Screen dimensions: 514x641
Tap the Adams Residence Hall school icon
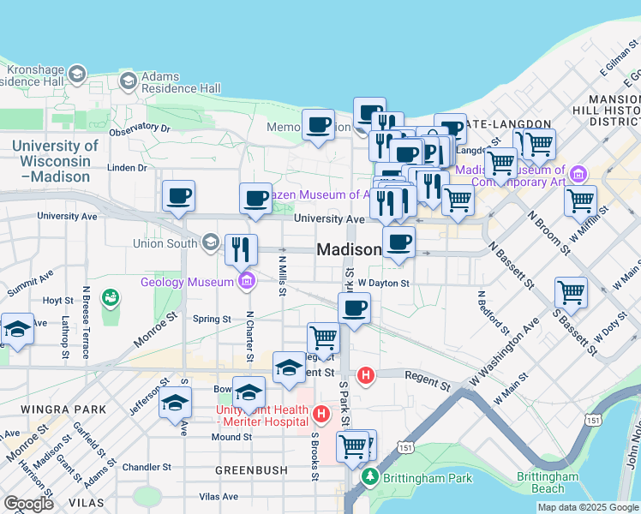pos(129,81)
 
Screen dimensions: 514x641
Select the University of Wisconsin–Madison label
pos(55,161)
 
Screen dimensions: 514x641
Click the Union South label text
pos(165,243)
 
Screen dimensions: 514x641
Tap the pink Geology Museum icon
pos(247,279)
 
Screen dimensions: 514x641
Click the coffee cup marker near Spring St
pos(354,308)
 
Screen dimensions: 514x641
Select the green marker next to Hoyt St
pos(110,298)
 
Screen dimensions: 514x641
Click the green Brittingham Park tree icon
pos(370,476)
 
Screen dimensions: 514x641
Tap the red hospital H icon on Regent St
pos(367,374)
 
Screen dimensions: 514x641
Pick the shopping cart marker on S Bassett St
pos(571,292)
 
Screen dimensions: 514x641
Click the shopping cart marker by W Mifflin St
pos(580,202)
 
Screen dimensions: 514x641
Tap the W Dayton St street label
pos(384,283)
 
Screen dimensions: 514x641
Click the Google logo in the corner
pos(28,504)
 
